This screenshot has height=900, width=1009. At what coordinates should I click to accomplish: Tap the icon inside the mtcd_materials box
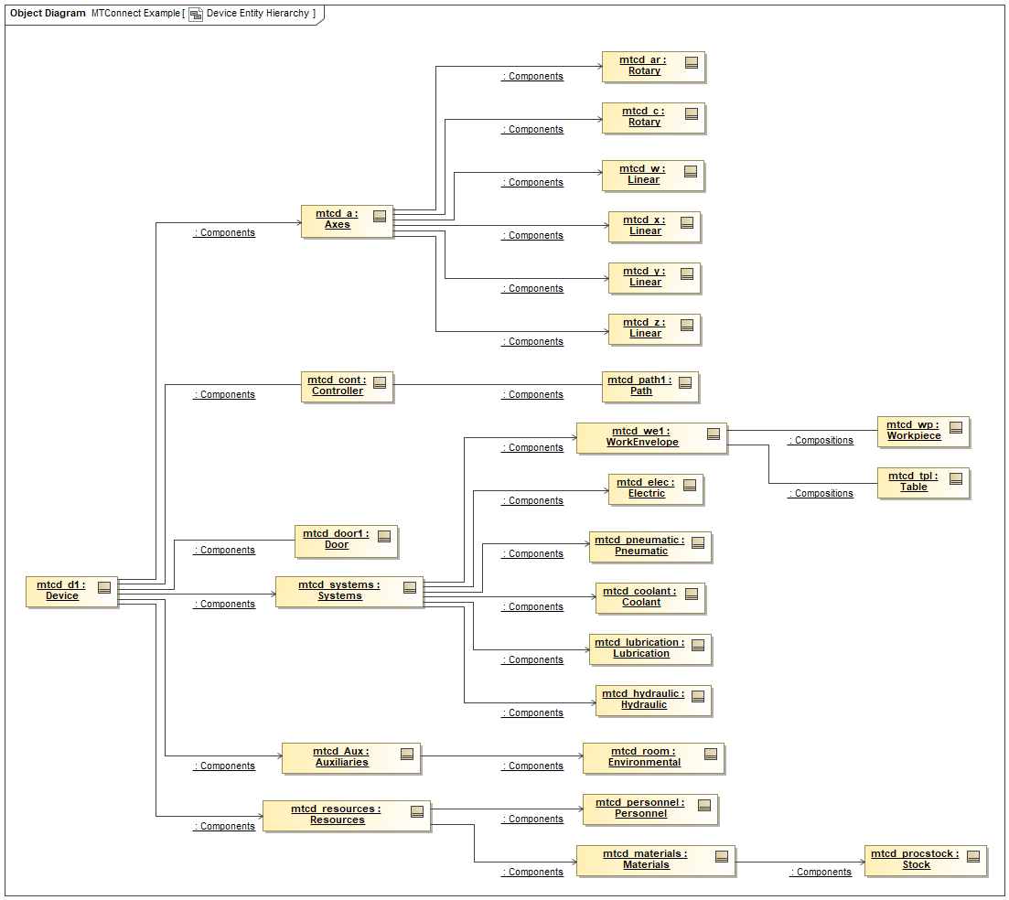point(722,856)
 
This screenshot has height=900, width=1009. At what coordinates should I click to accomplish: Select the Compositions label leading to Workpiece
point(821,441)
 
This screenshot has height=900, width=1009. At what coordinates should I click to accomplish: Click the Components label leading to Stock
point(821,873)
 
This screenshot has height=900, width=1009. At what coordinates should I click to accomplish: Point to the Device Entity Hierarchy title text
point(257,14)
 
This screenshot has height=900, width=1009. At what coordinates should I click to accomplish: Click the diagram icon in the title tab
point(196,15)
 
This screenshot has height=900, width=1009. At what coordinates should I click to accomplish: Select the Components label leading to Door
point(224,551)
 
